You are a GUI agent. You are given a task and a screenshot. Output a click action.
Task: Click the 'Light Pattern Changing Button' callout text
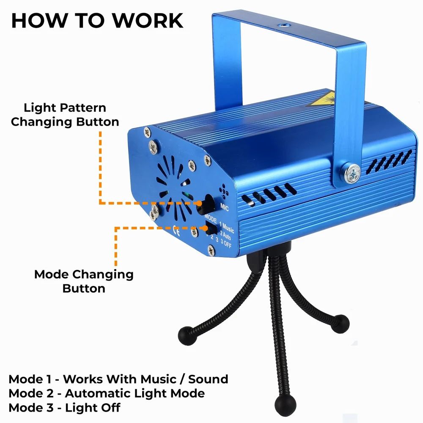pos(65,115)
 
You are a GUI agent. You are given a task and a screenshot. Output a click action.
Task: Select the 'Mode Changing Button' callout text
pos(84,281)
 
